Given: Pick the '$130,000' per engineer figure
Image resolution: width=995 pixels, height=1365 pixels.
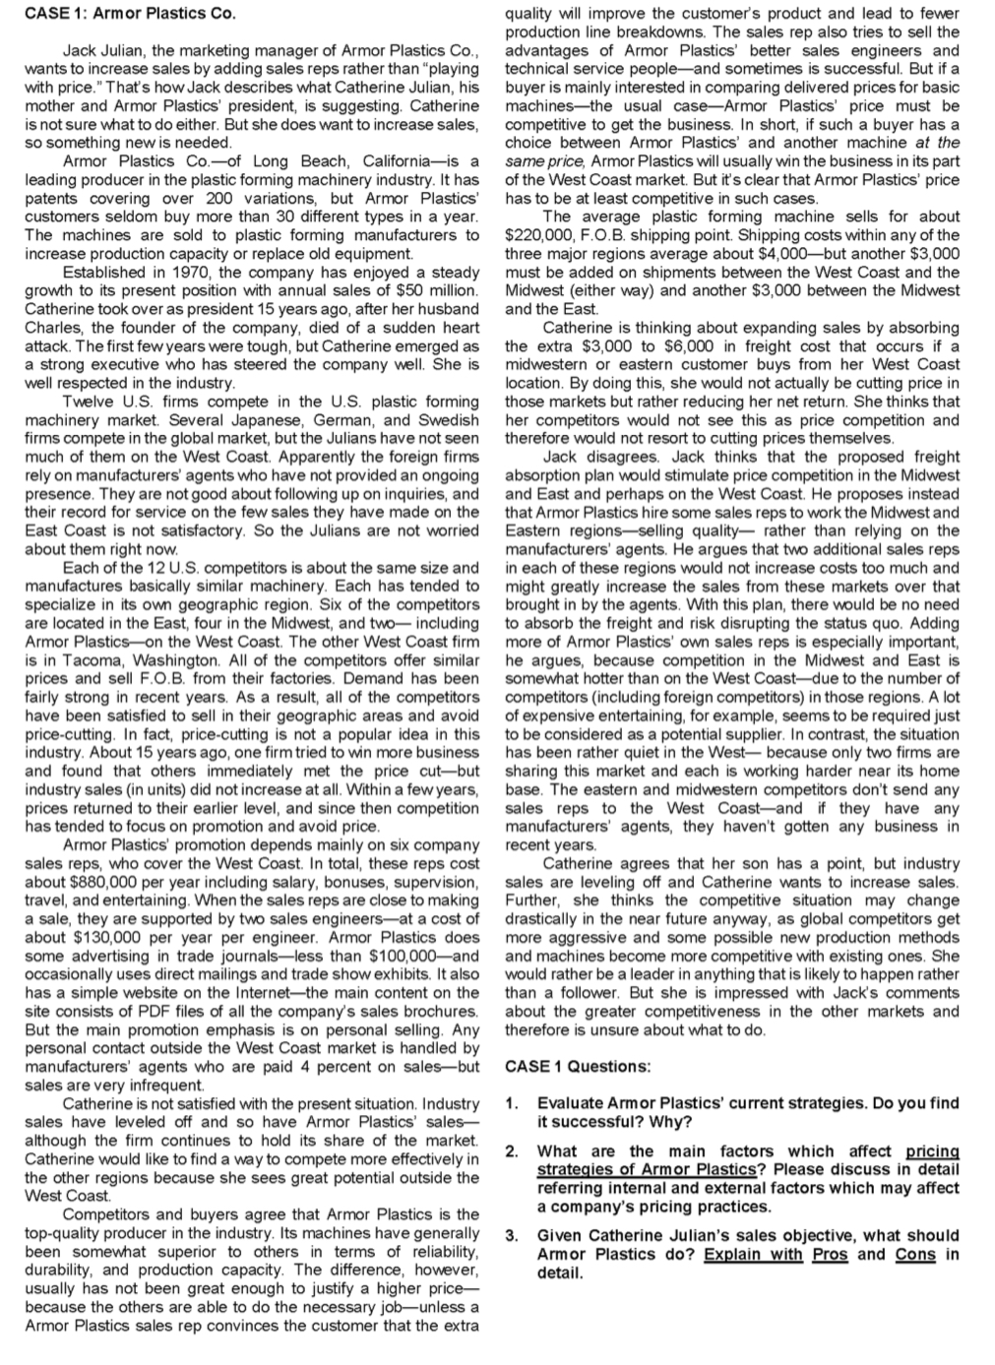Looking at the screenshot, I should [x=96, y=937].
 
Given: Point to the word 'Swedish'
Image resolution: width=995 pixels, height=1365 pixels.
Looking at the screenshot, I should [x=451, y=420].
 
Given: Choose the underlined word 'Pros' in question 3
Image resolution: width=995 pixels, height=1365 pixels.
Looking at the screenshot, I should [x=830, y=1254].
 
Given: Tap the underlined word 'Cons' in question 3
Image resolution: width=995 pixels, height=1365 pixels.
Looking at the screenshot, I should [x=914, y=1254].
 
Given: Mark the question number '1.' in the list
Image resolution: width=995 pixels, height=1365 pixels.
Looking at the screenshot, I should [x=511, y=1103].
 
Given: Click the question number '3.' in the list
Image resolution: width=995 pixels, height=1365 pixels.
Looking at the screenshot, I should [x=511, y=1235].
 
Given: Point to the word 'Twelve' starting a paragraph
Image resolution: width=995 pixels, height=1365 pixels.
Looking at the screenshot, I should [x=87, y=402].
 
